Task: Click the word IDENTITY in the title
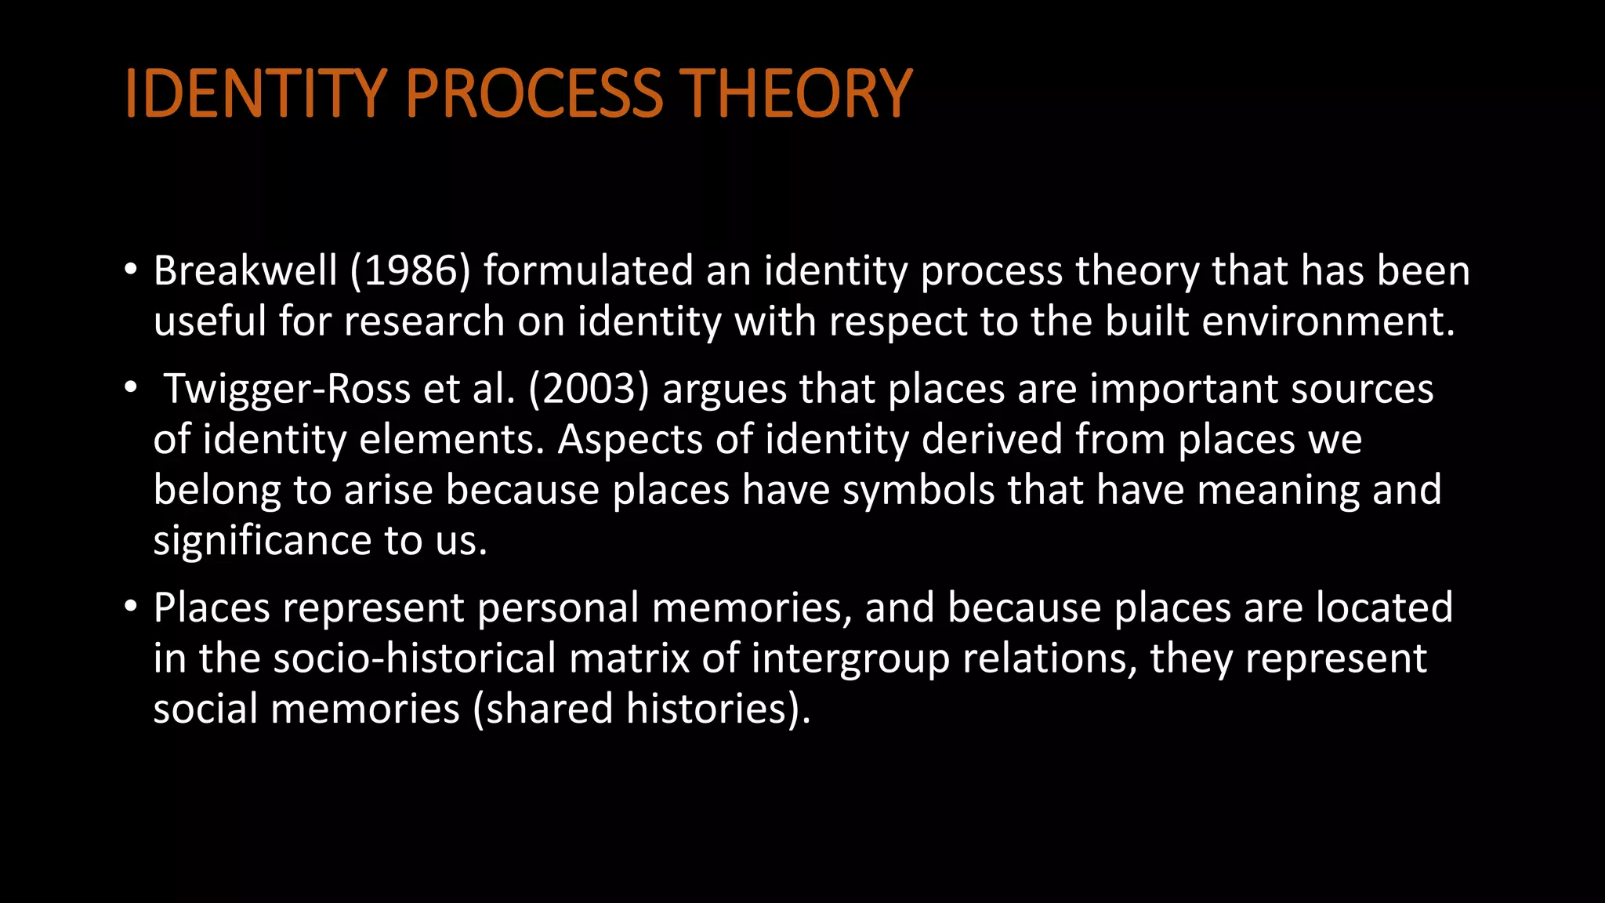[x=255, y=94]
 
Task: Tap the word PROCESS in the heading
[x=534, y=94]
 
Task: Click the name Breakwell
[x=245, y=271]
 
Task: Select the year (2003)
[x=589, y=390]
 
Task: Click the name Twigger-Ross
[x=287, y=390]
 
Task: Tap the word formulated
[x=589, y=271]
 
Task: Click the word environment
[x=1328, y=322]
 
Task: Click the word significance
[x=262, y=542]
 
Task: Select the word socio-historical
[x=415, y=658]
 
